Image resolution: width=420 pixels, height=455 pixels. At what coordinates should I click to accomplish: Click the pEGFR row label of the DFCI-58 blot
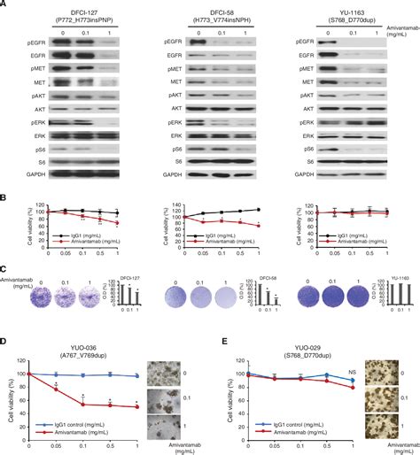pyautogui.click(x=175, y=42)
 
